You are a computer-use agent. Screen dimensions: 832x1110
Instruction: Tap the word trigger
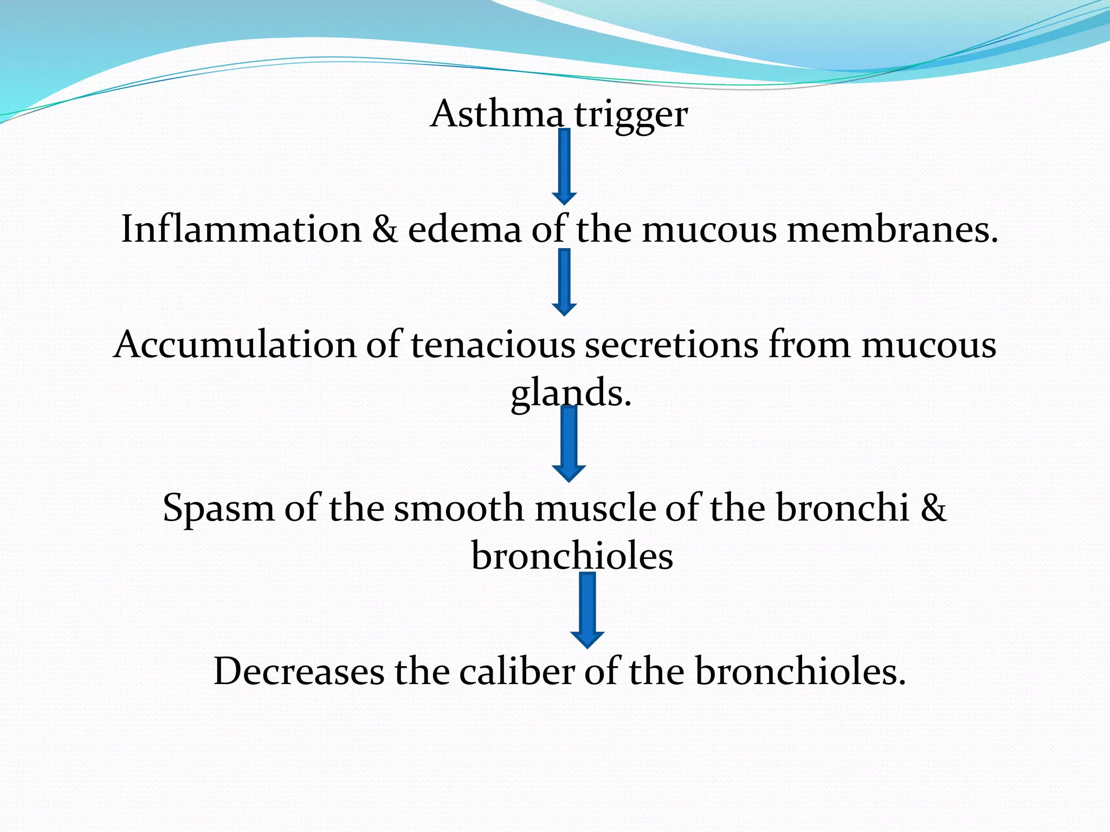pos(630,115)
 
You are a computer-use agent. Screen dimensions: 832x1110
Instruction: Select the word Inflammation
pos(241,229)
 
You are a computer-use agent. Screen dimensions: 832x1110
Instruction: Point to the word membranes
pos(892,229)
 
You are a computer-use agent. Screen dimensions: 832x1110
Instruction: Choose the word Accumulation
pos(235,344)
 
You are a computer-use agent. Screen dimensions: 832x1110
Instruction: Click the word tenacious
pos(493,344)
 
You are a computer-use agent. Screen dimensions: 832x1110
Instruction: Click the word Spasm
pos(218,508)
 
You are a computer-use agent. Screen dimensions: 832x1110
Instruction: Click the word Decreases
pos(299,672)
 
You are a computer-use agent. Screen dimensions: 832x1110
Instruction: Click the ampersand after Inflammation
pos(385,229)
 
